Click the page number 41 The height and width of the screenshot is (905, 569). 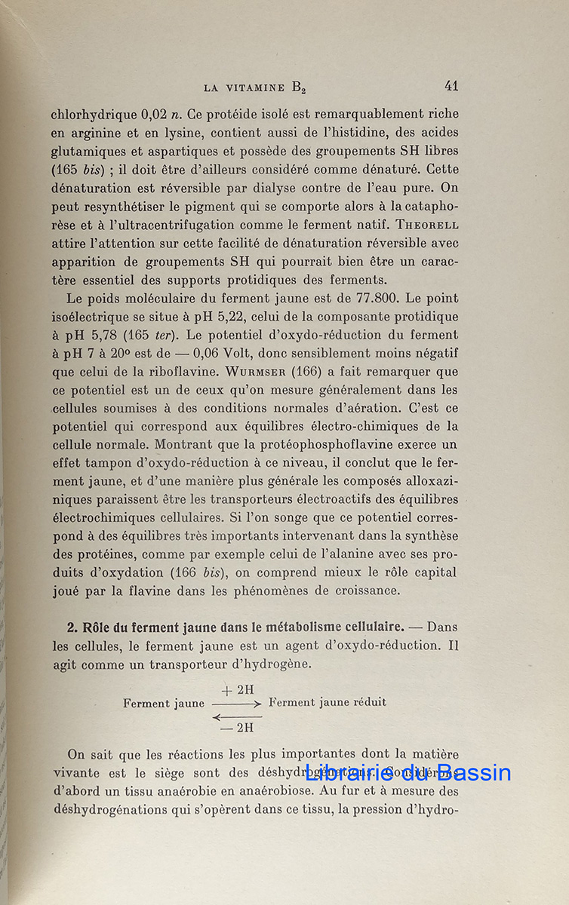click(451, 86)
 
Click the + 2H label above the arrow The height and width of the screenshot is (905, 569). click(237, 689)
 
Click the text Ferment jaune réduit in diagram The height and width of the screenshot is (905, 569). click(328, 702)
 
